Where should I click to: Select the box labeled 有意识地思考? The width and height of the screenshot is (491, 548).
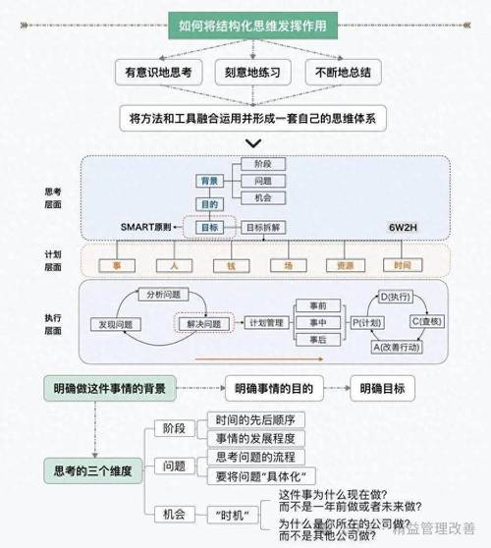[158, 73]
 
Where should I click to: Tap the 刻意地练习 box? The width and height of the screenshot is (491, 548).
[252, 73]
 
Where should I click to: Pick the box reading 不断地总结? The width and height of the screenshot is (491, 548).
[343, 73]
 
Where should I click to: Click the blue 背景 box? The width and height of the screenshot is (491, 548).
[209, 182]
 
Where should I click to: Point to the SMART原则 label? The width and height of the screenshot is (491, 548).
[151, 227]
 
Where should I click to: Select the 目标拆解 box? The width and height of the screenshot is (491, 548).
[262, 227]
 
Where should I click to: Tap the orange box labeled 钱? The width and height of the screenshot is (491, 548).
[231, 264]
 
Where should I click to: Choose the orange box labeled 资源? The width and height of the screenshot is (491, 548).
[345, 264]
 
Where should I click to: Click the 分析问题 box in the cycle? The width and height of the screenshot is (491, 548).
[163, 294]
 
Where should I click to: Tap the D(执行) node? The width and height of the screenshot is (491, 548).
[398, 296]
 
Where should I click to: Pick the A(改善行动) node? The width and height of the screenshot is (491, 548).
[399, 347]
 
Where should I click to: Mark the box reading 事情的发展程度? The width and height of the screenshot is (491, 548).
[254, 438]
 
